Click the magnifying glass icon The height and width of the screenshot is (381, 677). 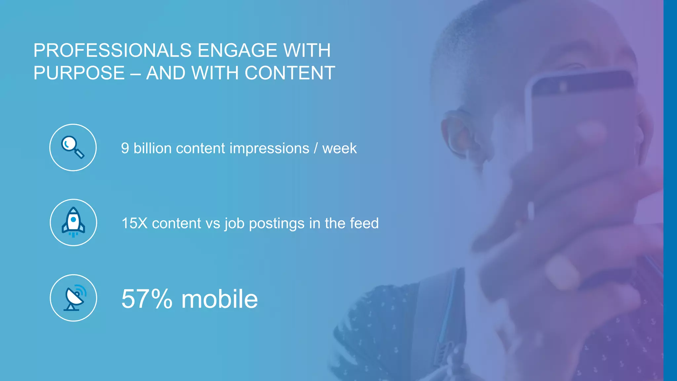click(73, 148)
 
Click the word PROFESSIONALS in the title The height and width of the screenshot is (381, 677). click(112, 51)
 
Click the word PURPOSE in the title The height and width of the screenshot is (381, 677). click(79, 73)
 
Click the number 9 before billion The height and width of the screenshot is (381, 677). click(125, 148)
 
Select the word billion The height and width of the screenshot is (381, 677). click(152, 148)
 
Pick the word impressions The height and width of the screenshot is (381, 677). click(269, 148)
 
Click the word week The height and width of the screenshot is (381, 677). click(339, 148)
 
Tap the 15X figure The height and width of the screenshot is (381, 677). click(134, 224)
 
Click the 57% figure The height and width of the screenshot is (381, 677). click(147, 299)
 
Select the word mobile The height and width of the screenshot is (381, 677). click(219, 299)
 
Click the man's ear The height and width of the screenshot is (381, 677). click(460, 132)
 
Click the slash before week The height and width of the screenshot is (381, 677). click(316, 148)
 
